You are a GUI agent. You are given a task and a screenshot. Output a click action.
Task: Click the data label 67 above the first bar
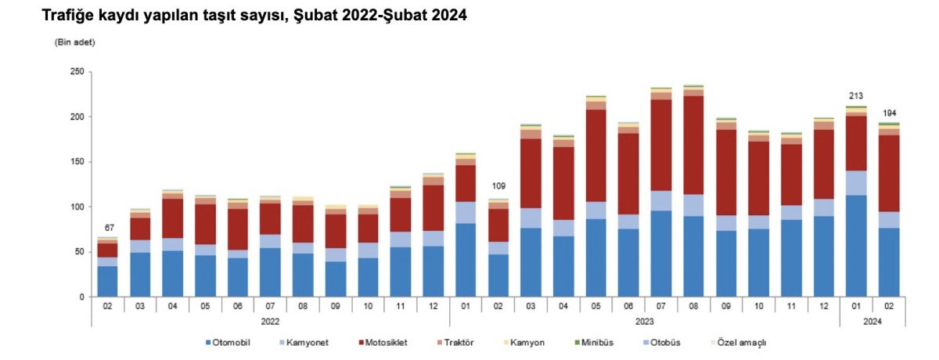(x=109, y=228)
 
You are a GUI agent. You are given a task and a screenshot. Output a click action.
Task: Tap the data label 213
(x=856, y=96)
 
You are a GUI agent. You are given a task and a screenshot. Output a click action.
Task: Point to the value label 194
(x=889, y=113)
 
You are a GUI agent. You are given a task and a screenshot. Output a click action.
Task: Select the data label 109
(x=498, y=185)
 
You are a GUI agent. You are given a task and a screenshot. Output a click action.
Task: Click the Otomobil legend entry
(x=228, y=343)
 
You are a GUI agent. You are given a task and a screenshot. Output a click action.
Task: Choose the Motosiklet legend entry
(x=383, y=343)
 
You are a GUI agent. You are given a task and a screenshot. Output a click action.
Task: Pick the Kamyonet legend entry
(x=304, y=343)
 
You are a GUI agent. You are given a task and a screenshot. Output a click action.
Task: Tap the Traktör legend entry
(x=455, y=343)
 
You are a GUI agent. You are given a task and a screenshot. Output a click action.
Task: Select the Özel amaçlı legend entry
(x=738, y=343)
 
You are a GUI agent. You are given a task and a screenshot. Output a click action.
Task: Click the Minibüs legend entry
(x=594, y=343)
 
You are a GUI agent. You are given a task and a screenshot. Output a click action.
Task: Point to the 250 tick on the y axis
(x=77, y=72)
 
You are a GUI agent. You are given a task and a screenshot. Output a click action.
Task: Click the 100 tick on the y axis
(x=77, y=207)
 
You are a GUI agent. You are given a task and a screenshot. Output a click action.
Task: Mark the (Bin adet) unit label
(x=75, y=42)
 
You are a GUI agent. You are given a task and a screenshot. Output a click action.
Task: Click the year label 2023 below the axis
(x=644, y=322)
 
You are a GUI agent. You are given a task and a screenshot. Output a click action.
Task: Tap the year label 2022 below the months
(x=270, y=322)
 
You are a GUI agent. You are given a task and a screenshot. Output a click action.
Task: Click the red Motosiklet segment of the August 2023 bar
(x=694, y=145)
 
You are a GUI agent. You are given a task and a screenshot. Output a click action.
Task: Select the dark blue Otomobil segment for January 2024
(x=856, y=246)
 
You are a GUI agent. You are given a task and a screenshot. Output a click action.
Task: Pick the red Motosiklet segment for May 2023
(x=596, y=156)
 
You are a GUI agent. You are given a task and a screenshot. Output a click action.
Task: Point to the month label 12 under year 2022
(x=433, y=306)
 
